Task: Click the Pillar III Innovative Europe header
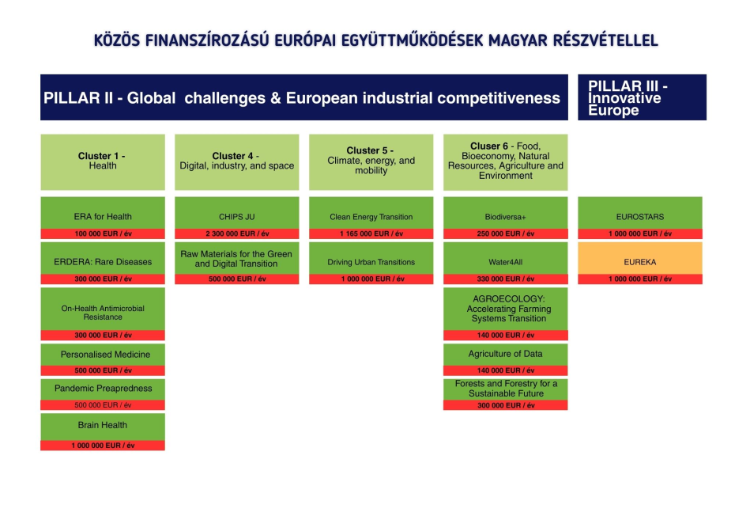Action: [x=642, y=97]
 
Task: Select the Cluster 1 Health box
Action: [x=103, y=161]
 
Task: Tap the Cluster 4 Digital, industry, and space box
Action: [x=236, y=161]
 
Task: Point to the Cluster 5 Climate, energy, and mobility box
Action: [x=371, y=161]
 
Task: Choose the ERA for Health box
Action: [x=103, y=216]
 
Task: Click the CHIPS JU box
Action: [x=236, y=216]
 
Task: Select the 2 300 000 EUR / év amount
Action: [x=236, y=234]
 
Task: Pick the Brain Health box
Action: [x=103, y=426]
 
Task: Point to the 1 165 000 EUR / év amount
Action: [x=371, y=234]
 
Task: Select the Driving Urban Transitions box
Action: [x=371, y=262]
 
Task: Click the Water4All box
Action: [x=505, y=262]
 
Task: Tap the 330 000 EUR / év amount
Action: [x=505, y=279]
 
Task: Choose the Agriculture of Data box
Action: [x=505, y=355]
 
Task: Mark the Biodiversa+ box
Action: [x=505, y=216]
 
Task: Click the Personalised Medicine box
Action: [x=103, y=355]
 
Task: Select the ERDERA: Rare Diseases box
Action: [x=103, y=262]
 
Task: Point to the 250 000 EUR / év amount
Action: [x=505, y=234]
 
